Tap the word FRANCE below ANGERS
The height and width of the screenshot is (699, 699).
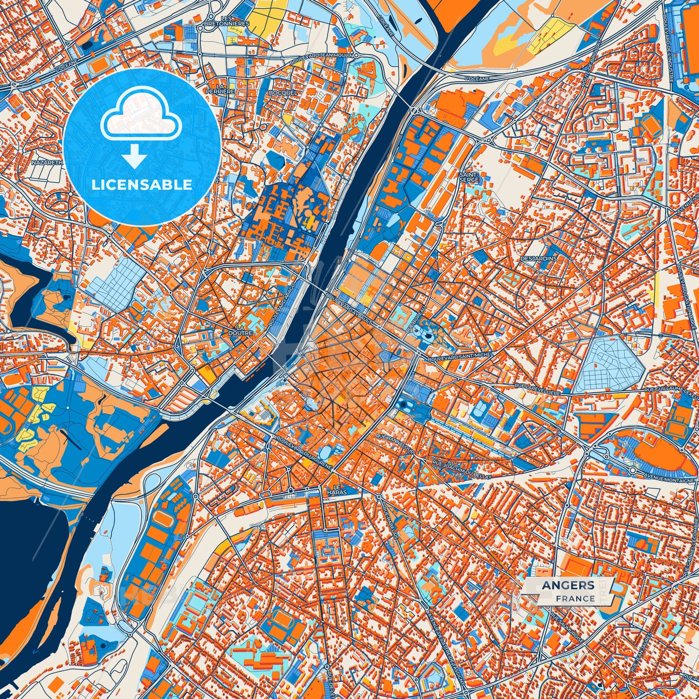tap(575, 598)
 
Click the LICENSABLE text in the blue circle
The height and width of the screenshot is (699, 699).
tap(142, 185)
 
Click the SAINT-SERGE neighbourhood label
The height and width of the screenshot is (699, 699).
tap(469, 177)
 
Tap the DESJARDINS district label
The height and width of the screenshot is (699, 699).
tap(538, 258)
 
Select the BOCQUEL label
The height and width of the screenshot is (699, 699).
tap(285, 92)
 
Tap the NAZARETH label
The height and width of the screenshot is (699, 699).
tap(47, 163)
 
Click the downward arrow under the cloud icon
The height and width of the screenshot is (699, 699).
tap(135, 157)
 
